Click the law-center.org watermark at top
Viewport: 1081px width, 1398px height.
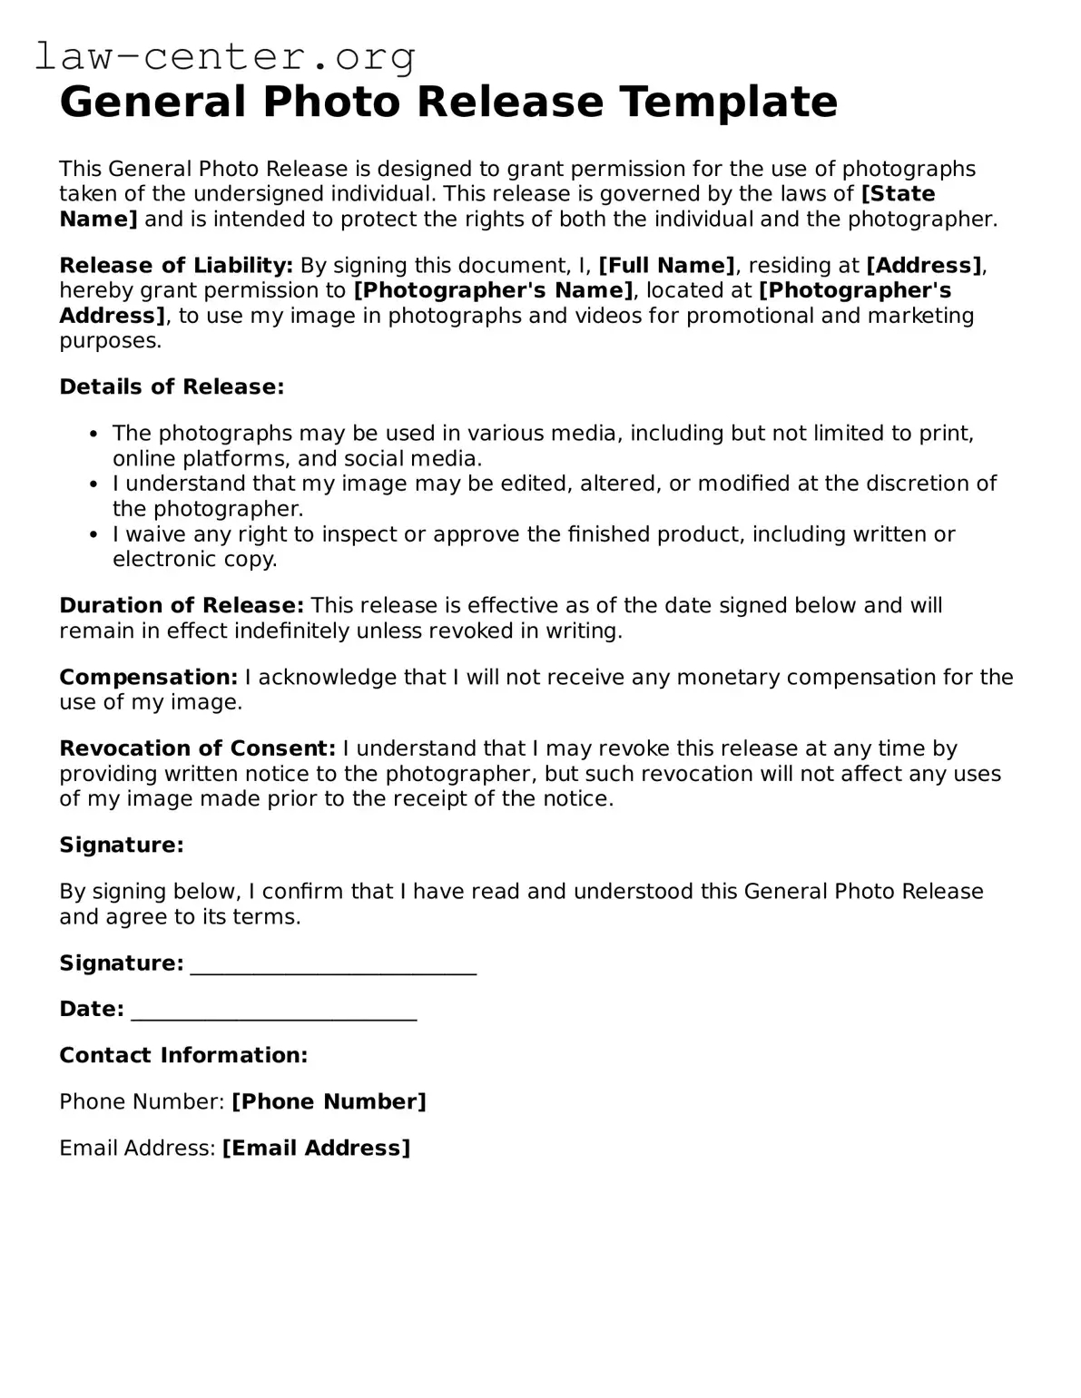(225, 57)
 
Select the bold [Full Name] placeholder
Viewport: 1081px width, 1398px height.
(667, 266)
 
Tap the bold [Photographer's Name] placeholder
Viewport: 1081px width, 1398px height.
(493, 290)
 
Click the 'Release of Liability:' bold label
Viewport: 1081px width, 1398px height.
(176, 266)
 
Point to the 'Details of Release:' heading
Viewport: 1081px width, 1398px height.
(172, 387)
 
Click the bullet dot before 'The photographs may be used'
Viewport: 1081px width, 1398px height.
(93, 435)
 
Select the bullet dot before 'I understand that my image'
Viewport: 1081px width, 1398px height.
(93, 484)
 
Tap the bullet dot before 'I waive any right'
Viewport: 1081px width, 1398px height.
(93, 535)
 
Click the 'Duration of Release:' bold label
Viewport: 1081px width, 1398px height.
(182, 606)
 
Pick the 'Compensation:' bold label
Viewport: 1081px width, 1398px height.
(149, 678)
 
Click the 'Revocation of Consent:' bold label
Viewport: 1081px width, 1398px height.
(198, 749)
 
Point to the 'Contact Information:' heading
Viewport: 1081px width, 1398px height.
(183, 1056)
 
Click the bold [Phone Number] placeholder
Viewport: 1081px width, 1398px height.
(329, 1102)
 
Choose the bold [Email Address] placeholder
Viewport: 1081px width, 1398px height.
(316, 1149)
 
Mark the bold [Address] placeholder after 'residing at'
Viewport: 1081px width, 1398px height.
(924, 266)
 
